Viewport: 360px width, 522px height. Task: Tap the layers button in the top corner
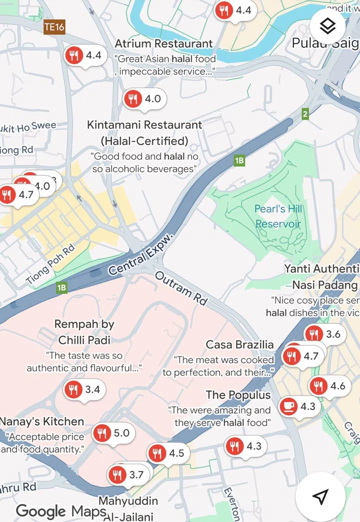tap(327, 26)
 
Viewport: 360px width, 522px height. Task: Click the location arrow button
tap(320, 496)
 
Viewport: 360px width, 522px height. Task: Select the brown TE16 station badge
tap(54, 27)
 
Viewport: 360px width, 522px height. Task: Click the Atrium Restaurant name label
tap(163, 43)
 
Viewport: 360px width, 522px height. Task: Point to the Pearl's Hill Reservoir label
tap(278, 216)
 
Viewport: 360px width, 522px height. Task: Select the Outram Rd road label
tap(181, 289)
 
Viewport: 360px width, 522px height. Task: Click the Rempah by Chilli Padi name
tap(84, 332)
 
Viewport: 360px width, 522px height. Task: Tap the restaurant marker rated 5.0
tap(102, 433)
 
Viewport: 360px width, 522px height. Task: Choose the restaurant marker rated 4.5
tap(157, 453)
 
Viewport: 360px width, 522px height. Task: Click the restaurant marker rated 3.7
tap(118, 475)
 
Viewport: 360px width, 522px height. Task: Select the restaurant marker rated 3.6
tap(314, 334)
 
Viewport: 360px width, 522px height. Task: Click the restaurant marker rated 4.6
tap(318, 386)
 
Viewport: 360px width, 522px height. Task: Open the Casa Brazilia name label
tap(239, 345)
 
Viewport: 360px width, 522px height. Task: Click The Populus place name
tap(238, 395)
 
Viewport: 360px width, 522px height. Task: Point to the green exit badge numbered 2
tap(305, 114)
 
